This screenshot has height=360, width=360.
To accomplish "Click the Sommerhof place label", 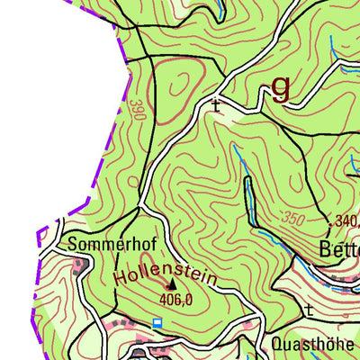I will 101,245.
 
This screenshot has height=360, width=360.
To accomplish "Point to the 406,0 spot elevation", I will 177,299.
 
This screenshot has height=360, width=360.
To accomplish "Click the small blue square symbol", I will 157,321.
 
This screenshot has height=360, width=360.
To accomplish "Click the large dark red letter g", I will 282,86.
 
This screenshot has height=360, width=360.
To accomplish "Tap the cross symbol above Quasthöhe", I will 309,310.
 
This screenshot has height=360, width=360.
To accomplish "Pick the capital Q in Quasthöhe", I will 276,344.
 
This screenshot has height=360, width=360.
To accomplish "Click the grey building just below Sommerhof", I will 80,263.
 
